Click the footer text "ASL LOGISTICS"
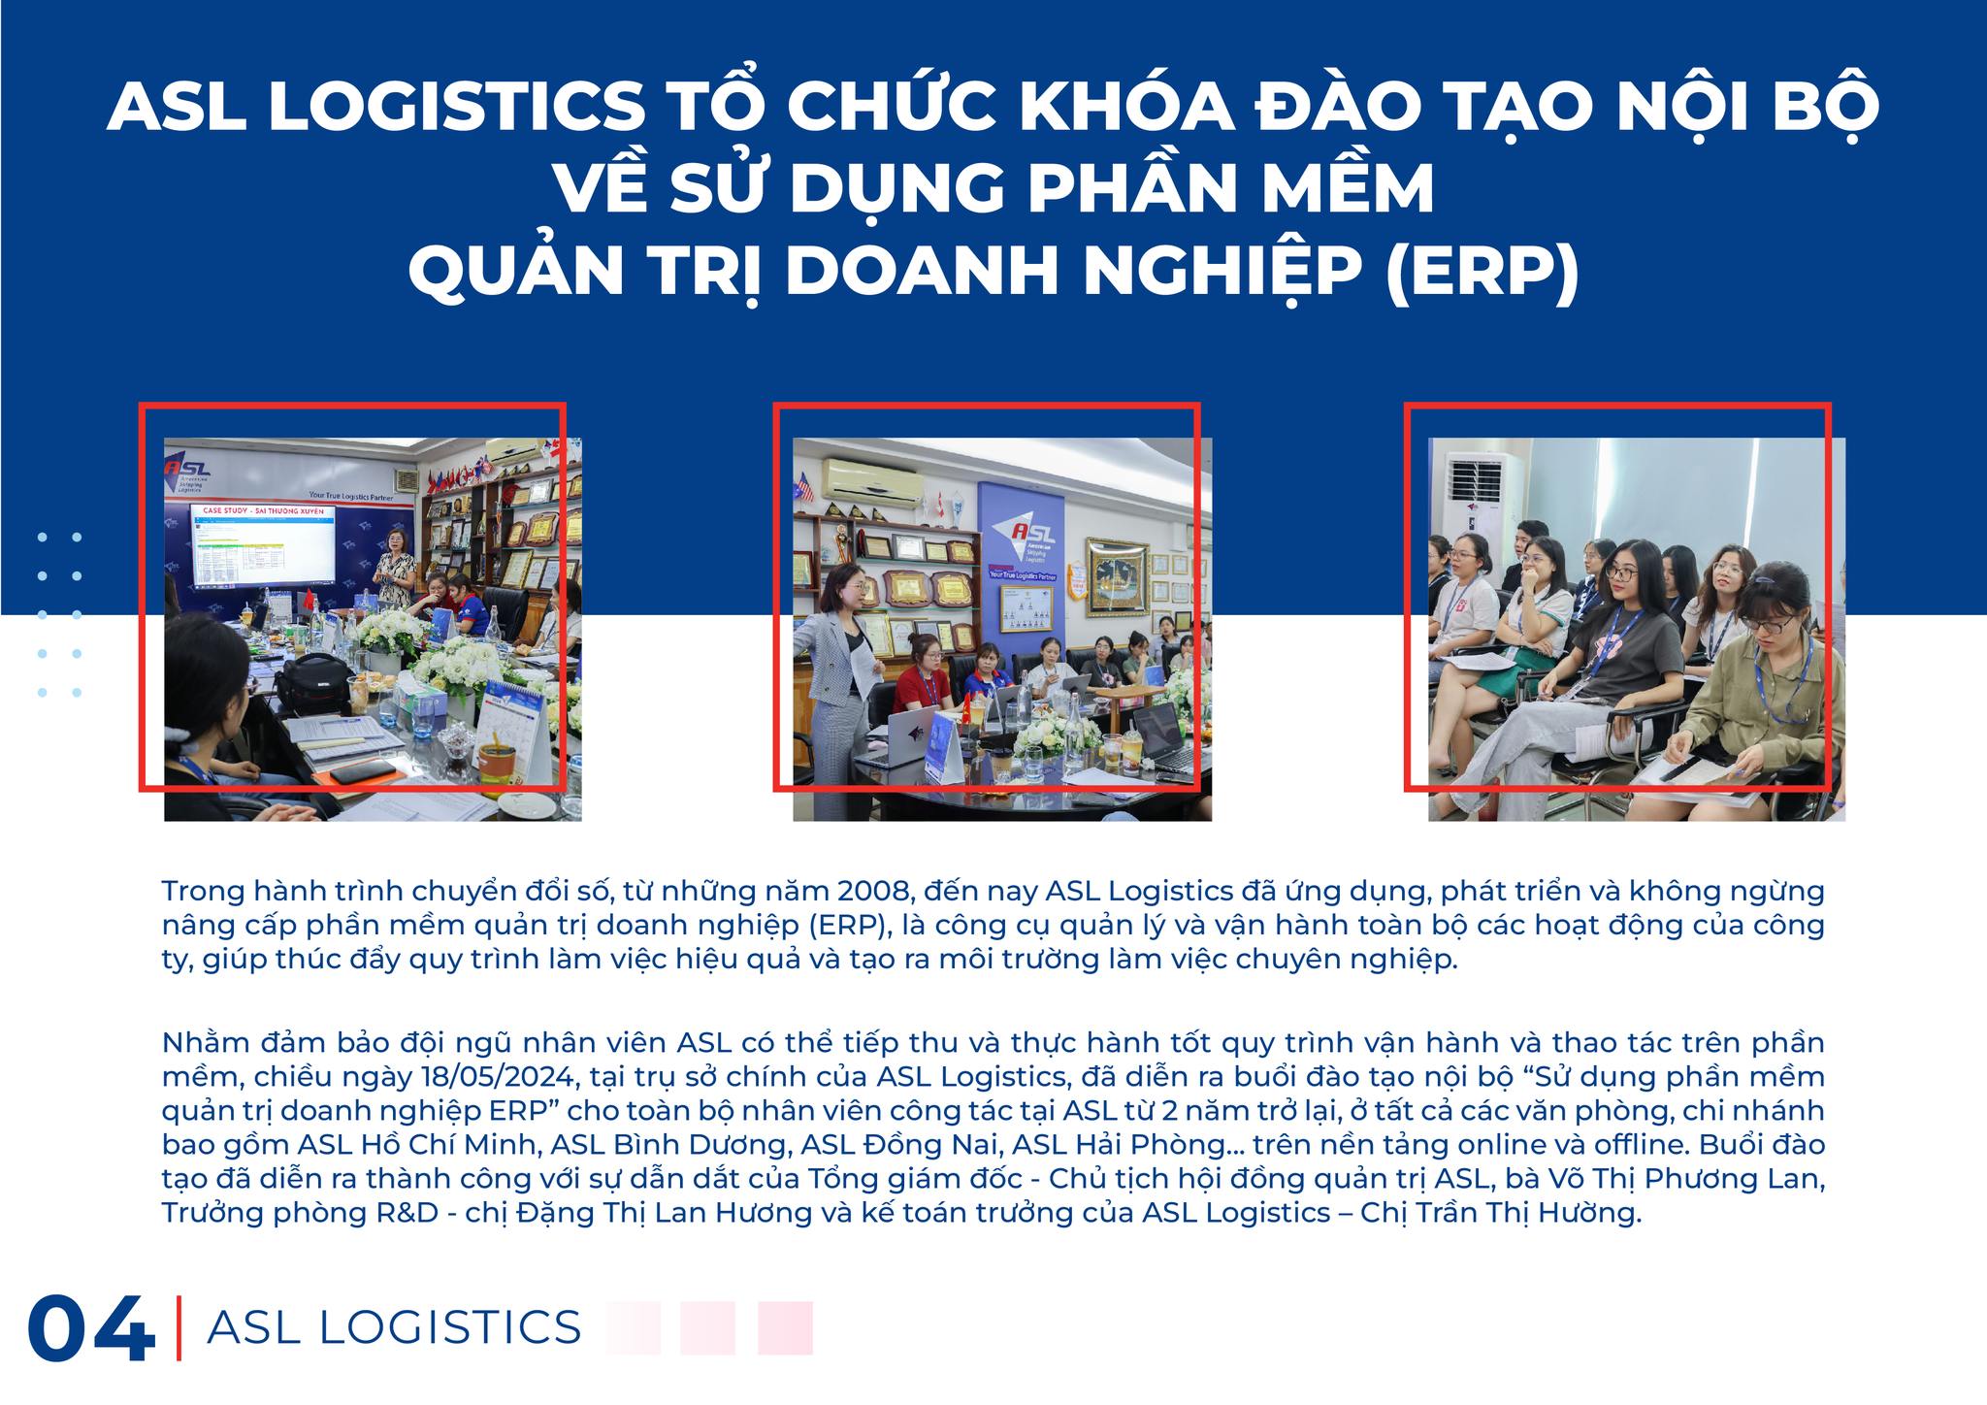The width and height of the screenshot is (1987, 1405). [x=394, y=1327]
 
